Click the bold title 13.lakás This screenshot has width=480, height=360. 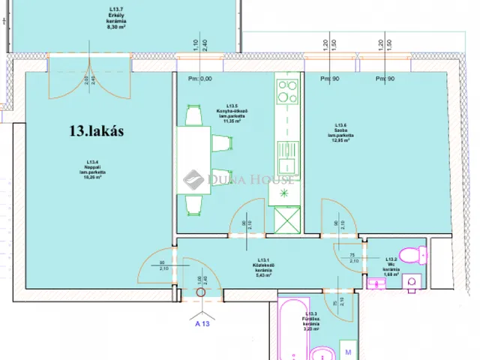(96, 131)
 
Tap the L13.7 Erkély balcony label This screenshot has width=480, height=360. (115, 16)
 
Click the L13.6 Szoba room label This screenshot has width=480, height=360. (340, 131)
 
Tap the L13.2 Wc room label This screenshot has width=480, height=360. (391, 268)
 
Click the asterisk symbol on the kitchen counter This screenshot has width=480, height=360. (284, 193)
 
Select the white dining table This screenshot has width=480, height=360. (194, 158)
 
